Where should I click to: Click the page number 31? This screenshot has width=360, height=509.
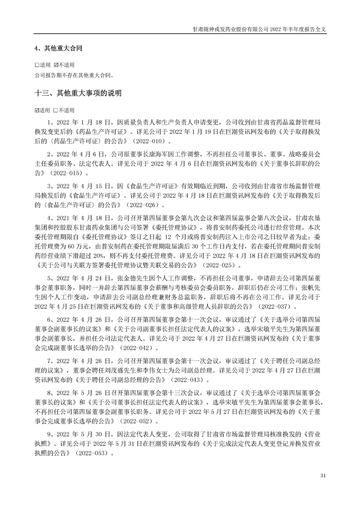coord(323,475)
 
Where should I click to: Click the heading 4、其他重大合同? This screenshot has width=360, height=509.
coord(58,48)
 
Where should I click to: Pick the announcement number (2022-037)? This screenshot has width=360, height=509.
coord(250,307)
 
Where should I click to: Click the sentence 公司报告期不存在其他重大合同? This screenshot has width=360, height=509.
coord(73,75)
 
